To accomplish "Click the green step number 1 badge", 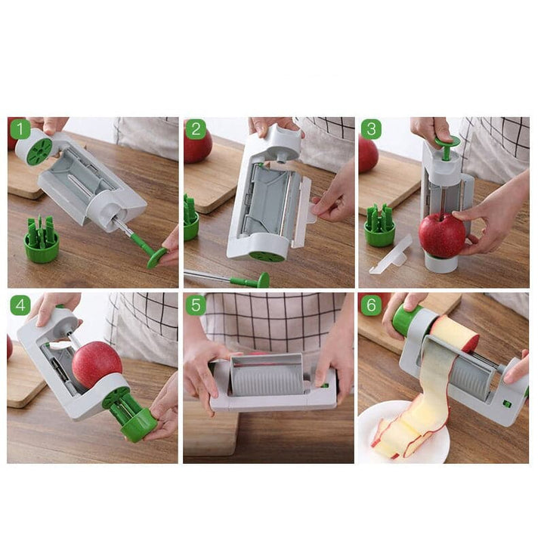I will pyautogui.click(x=20, y=129).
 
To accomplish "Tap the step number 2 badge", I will pyautogui.click(x=196, y=129).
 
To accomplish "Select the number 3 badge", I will pyautogui.click(x=370, y=129).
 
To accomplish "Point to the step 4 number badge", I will pyautogui.click(x=20, y=305).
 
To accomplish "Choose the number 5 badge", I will pyautogui.click(x=196, y=305).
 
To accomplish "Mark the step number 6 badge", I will pyautogui.click(x=370, y=305).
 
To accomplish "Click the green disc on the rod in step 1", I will pyautogui.click(x=156, y=258).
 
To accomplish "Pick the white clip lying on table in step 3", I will pyautogui.click(x=389, y=255).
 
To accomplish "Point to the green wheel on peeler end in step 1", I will pyautogui.click(x=39, y=150).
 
